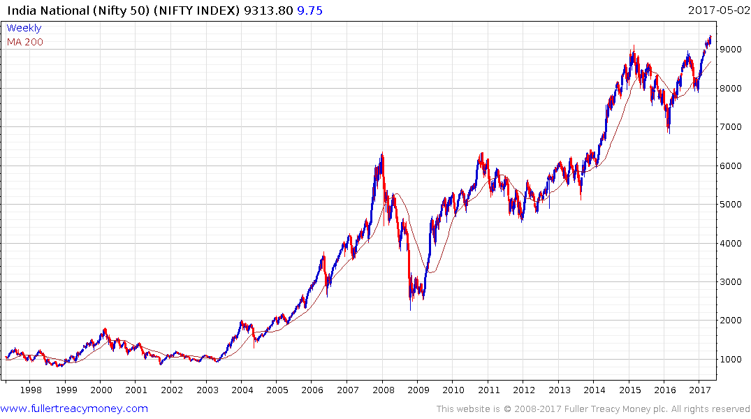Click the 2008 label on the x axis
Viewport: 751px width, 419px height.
point(383,390)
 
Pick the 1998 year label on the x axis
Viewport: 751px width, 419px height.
point(31,390)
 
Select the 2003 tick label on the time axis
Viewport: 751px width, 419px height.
point(207,390)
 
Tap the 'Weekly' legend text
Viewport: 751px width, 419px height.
point(24,28)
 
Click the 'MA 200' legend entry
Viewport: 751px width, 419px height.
point(24,42)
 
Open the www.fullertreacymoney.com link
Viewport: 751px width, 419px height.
point(74,409)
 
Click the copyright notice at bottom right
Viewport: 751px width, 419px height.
point(593,409)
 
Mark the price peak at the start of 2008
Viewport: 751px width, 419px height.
point(382,154)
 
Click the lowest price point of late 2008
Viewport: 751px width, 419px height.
point(410,309)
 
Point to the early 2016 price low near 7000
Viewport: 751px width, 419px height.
point(669,133)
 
